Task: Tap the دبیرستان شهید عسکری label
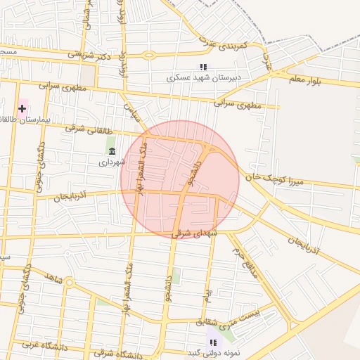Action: (203, 77)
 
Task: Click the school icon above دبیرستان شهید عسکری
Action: (203, 67)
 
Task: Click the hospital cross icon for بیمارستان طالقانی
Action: (22, 108)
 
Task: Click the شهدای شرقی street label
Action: (195, 233)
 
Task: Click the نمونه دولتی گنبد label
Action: (211, 352)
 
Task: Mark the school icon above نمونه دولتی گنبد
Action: (212, 342)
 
